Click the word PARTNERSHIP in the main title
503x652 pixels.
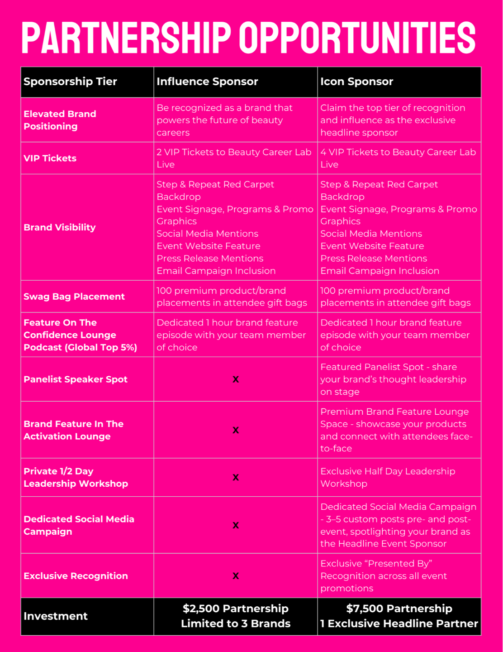[x=126, y=38]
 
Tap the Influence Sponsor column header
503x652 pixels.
[x=207, y=81]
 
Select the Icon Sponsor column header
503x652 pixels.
[x=356, y=81]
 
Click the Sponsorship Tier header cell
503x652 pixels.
[x=70, y=81]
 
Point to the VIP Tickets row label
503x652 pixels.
[x=50, y=158]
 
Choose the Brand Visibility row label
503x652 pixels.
[x=59, y=227]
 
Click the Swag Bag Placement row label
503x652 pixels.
[x=74, y=297]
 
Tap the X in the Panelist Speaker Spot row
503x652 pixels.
[x=236, y=379]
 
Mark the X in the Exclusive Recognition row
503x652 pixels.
[x=236, y=576]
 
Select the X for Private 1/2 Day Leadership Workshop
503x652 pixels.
[x=236, y=477]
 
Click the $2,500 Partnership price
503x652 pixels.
[x=236, y=609]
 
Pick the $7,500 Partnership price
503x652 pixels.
[x=399, y=609]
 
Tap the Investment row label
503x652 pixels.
[x=56, y=616]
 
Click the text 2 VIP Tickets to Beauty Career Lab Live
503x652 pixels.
[x=234, y=158]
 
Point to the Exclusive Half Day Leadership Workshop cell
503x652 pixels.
[x=388, y=477]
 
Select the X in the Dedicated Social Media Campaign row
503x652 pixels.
[x=236, y=525]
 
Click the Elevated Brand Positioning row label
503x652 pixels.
[x=60, y=120]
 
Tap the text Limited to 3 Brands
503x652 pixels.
[x=236, y=623]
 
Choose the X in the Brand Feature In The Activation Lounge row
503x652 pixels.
[x=236, y=430]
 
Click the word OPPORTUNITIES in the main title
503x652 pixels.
[x=357, y=38]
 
